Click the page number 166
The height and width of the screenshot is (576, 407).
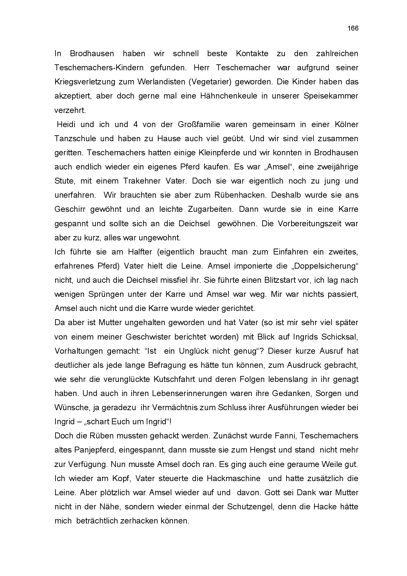coord(353,28)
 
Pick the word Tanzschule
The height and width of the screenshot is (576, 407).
coord(75,139)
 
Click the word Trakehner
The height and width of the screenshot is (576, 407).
coord(142,181)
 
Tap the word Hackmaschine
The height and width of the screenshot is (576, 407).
coord(233,478)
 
